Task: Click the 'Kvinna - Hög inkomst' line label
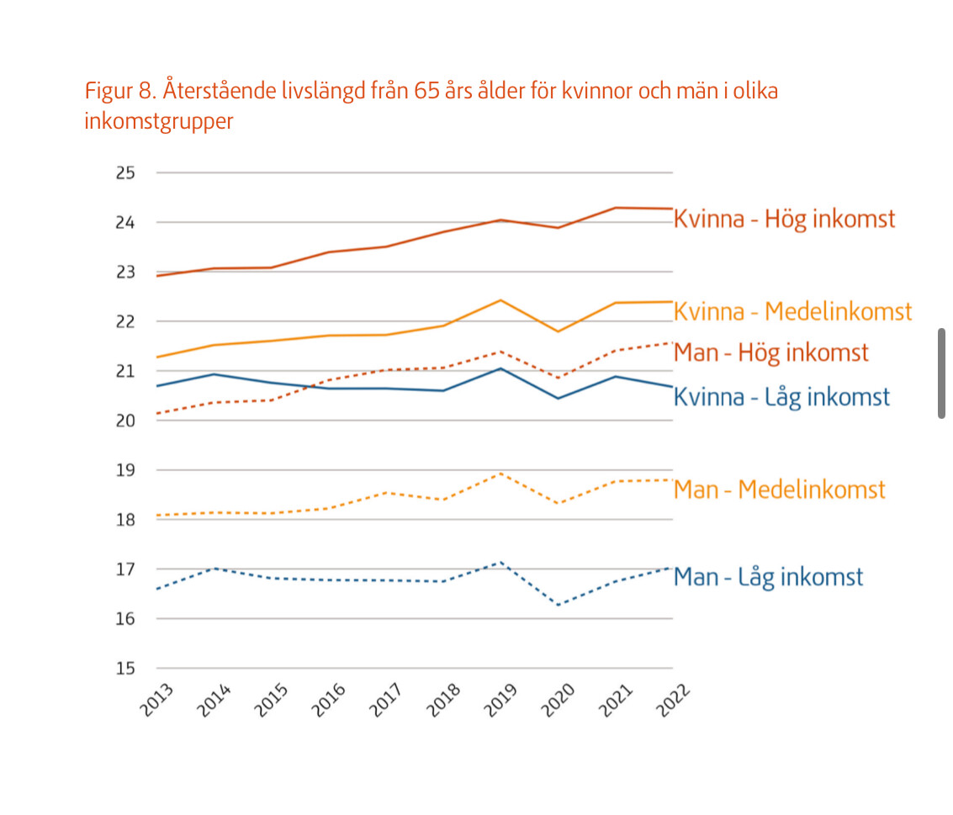pos(784,220)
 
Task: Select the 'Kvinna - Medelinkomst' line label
pos(792,311)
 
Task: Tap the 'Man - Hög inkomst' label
pos(770,352)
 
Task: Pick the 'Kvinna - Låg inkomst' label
pos(781,397)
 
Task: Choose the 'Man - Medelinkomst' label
pos(779,490)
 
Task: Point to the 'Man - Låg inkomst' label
pos(768,578)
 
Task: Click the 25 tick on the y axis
pos(125,173)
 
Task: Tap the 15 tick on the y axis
pos(125,669)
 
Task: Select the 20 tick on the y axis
pos(125,421)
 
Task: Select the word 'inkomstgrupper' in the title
pos(159,121)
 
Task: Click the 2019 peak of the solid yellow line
pos(501,300)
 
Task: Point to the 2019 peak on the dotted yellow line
pos(501,474)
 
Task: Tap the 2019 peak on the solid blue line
pos(501,368)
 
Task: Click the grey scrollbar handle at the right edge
pos(941,373)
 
